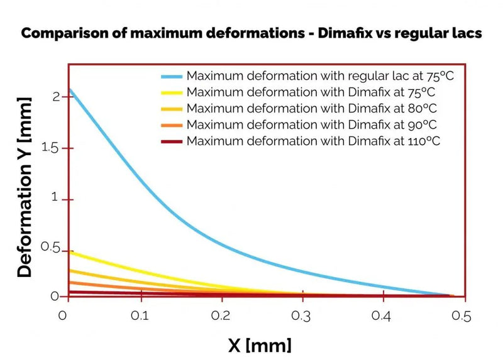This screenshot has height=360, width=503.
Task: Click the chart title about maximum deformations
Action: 251,33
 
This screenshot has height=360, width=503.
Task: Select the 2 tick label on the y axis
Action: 56,97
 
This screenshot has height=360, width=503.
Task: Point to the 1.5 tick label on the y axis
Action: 50,148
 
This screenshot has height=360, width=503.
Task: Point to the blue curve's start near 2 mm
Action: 69,90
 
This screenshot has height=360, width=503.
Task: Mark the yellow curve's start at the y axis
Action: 69,253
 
